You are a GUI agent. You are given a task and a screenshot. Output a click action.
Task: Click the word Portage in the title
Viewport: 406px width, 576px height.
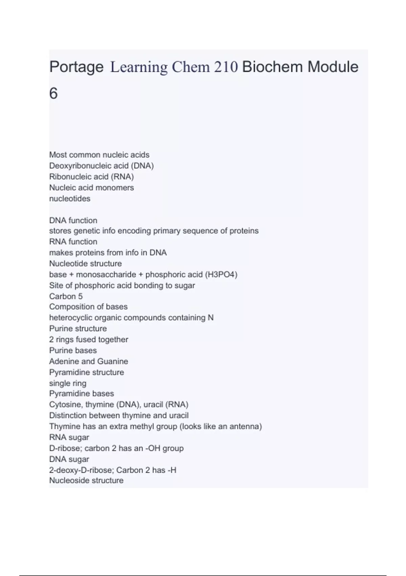76,67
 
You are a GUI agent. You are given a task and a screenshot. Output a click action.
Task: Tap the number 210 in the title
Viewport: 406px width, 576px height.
226,67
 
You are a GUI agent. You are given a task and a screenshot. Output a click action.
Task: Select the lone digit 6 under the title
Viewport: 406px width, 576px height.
53,94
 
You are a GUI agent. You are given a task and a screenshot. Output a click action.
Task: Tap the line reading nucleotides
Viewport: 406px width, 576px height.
70,199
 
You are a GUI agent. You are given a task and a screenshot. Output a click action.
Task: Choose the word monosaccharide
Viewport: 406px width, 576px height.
106,274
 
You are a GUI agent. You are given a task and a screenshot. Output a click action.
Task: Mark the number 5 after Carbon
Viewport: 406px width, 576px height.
80,296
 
